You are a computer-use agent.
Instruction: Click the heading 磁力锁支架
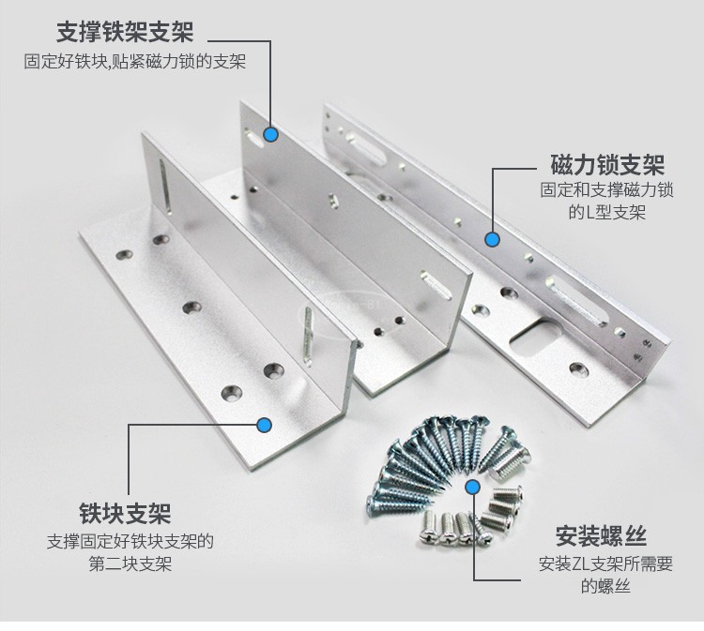606,166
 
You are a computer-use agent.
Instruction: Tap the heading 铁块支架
125,514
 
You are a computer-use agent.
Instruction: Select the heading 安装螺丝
601,537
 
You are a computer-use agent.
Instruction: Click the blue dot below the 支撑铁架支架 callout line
270,135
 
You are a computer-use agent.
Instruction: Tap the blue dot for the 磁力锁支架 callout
492,239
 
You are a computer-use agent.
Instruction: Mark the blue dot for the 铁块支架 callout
266,425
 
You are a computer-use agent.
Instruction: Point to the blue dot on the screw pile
473,488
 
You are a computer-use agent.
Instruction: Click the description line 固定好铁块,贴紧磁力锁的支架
135,63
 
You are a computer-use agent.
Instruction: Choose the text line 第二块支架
130,564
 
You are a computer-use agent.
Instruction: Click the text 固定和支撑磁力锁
606,190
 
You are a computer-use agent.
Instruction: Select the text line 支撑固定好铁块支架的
130,542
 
